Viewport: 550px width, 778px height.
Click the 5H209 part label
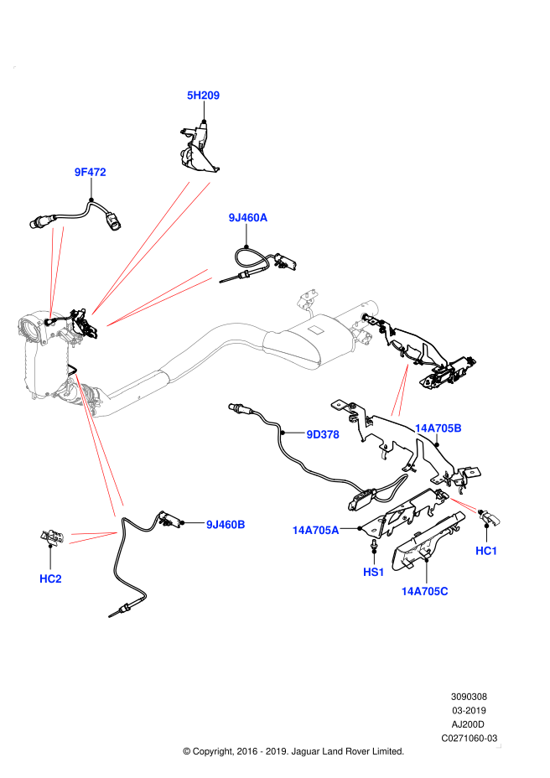pyautogui.click(x=203, y=96)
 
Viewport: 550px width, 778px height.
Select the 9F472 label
pyautogui.click(x=90, y=173)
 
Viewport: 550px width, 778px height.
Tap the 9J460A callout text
pyautogui.click(x=248, y=218)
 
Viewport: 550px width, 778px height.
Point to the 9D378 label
pyautogui.click(x=323, y=434)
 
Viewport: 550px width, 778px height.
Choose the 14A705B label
pyautogui.click(x=438, y=428)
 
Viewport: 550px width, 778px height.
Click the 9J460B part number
pyautogui.click(x=226, y=525)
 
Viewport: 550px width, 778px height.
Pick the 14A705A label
pyautogui.click(x=315, y=530)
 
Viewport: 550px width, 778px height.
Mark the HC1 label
pyautogui.click(x=486, y=551)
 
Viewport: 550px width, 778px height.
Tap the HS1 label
pyautogui.click(x=373, y=572)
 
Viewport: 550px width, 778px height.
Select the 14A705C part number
pyautogui.click(x=424, y=591)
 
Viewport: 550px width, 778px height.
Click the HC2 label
pyautogui.click(x=50, y=578)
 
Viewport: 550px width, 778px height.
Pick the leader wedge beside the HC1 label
pyautogui.click(x=463, y=505)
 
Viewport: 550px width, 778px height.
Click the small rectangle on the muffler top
pyautogui.click(x=315, y=330)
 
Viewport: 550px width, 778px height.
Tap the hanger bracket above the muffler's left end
pyautogui.click(x=308, y=298)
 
